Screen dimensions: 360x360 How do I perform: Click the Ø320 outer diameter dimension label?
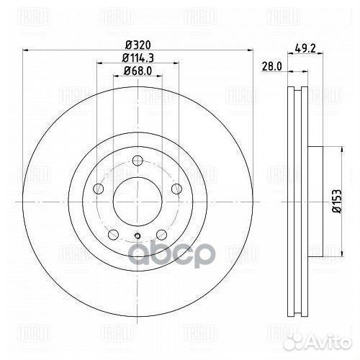coord(138,45)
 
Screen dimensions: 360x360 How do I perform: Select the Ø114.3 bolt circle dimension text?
coord(138,58)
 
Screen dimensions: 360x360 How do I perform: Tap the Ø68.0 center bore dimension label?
coord(138,71)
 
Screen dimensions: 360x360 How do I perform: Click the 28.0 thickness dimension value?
coord(271,66)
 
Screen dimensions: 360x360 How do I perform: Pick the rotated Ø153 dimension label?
coord(336,201)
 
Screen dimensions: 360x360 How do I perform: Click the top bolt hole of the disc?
coord(138,161)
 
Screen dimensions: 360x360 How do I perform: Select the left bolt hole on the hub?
coord(98,189)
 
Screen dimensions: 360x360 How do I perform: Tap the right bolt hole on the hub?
coord(177,189)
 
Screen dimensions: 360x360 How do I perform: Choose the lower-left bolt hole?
coord(114,234)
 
